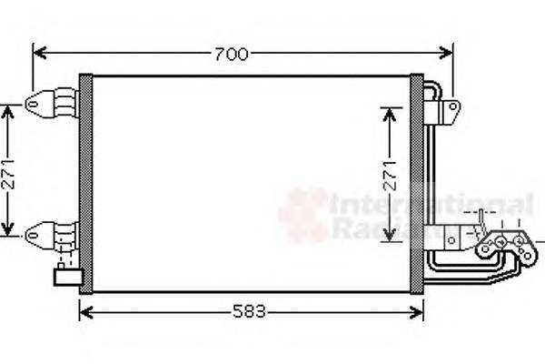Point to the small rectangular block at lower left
[x=66, y=276]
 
